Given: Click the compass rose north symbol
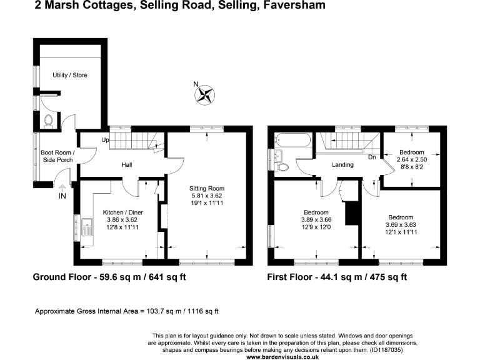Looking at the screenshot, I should (204, 94).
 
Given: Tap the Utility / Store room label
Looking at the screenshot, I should (69, 75).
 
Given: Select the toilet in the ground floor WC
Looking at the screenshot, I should (49, 119).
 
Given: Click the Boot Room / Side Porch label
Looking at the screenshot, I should (57, 156).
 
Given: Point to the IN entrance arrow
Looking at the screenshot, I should (62, 188).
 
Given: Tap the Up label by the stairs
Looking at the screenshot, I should (106, 139).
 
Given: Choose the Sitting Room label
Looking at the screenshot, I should (207, 188).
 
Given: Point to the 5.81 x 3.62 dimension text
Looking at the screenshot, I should (207, 196).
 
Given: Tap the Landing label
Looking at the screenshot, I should (343, 165).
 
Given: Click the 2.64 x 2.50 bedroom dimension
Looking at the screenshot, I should (412, 160).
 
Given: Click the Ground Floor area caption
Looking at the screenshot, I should (109, 277).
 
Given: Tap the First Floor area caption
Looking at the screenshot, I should (337, 277).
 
